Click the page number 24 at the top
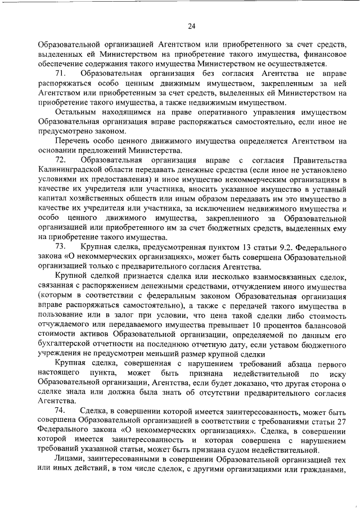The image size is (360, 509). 191,25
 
